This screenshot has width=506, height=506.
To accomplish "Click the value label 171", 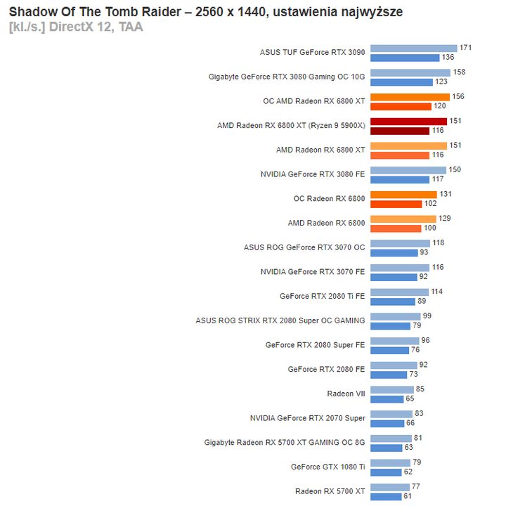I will click(465, 48).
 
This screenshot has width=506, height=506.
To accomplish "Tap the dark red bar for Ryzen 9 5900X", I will click(399, 131).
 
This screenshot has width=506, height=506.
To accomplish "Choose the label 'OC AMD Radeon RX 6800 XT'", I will click(314, 101).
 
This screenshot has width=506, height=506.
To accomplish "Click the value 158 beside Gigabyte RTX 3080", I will click(460, 72).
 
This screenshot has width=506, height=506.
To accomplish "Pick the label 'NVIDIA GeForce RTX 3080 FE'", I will click(313, 174).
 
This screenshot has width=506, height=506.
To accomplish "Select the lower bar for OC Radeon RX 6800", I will click(396, 204).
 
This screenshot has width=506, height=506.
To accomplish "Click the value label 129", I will click(445, 219).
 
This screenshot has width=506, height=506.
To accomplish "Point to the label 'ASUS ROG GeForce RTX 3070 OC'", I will click(304, 247).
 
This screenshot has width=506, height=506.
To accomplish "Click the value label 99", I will click(427, 316).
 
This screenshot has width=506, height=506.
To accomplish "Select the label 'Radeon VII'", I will click(346, 394).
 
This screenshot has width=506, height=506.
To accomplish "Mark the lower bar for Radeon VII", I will click(387, 399).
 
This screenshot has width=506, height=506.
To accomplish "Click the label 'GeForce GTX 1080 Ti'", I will click(328, 467).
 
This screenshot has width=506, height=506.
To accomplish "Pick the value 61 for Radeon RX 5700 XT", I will click(407, 496).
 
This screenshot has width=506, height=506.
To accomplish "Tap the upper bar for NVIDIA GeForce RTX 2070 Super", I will click(391, 414).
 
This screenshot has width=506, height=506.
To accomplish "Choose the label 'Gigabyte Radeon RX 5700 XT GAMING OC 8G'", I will click(285, 443).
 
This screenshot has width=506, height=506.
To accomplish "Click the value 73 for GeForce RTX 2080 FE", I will click(414, 374).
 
